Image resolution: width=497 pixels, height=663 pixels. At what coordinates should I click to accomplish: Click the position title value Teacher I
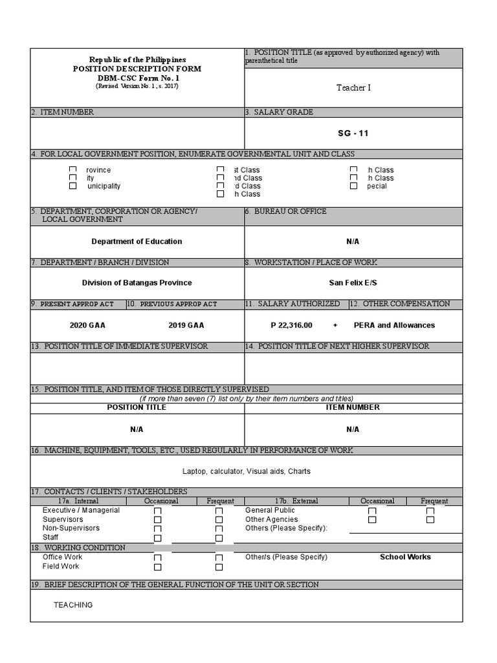coord(353,87)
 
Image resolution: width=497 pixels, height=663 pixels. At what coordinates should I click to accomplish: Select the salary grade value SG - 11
coord(353,133)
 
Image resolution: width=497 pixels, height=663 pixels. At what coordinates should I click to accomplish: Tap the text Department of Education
coord(137,242)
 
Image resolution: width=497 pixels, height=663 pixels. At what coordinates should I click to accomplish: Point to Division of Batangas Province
coord(137,283)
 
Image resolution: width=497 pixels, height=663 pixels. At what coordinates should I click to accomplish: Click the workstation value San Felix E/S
coord(353,283)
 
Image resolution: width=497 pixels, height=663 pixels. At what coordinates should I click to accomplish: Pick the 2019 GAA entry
coord(186,325)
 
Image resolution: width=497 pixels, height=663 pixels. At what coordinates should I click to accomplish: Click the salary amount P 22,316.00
coord(291,325)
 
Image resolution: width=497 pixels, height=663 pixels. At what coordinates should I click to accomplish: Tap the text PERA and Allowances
coord(394,325)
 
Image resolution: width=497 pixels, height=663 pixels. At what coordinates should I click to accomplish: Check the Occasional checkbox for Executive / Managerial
coord(157,511)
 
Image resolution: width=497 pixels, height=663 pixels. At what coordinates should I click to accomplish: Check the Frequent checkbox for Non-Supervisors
coord(219,529)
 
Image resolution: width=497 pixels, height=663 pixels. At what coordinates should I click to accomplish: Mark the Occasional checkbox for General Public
coord(372,511)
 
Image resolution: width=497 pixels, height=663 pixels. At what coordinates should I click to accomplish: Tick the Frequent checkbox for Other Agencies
coord(430,519)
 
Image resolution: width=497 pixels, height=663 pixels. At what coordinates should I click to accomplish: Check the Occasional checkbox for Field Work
coord(157,567)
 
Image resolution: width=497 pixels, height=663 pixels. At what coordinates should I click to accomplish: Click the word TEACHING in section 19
coord(73,605)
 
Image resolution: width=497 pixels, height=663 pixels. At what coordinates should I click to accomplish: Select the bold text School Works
coord(405,557)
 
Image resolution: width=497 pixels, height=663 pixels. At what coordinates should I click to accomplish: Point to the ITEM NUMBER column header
coord(353,407)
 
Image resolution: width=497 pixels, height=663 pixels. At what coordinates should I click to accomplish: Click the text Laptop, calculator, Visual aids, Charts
coord(246,471)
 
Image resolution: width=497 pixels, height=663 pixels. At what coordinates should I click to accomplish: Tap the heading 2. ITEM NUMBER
coord(62,112)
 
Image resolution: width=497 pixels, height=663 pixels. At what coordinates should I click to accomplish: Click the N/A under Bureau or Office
coord(353,242)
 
